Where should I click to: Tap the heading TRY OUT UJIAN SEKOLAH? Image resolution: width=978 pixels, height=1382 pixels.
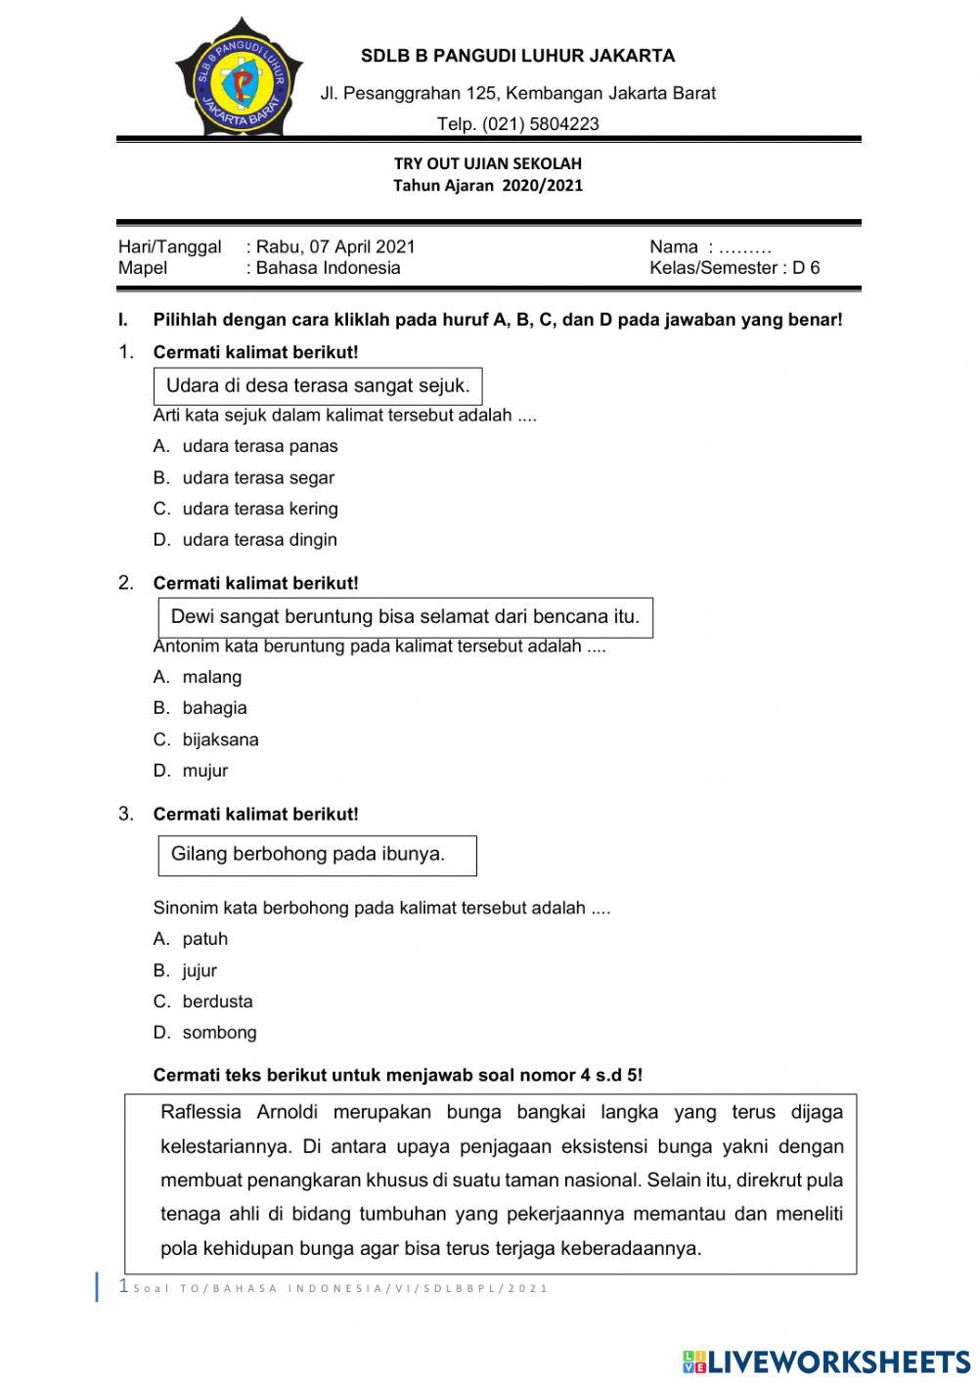pos(487,163)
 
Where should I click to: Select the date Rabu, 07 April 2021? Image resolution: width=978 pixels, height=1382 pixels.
pos(335,246)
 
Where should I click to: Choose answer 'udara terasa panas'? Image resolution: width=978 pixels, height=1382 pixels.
pos(259,446)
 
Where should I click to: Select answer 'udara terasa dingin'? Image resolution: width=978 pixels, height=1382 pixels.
pos(259,540)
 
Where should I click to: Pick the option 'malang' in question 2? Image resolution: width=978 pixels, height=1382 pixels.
pos(211,677)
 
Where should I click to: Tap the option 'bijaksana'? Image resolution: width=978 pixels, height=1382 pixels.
pos(220,739)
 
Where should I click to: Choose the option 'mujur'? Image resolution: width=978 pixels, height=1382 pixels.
pos(204,771)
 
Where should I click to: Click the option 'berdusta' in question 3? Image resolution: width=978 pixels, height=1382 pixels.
pos(217,1002)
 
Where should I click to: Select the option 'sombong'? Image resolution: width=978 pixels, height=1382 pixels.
pos(219,1033)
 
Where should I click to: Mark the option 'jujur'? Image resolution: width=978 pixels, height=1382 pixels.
pos(200,970)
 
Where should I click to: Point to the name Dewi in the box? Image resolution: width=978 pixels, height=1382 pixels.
pos(192,617)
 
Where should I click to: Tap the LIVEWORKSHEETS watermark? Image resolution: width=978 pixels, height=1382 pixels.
pos(825,1361)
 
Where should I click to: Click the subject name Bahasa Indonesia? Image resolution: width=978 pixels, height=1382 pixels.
pos(328,268)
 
